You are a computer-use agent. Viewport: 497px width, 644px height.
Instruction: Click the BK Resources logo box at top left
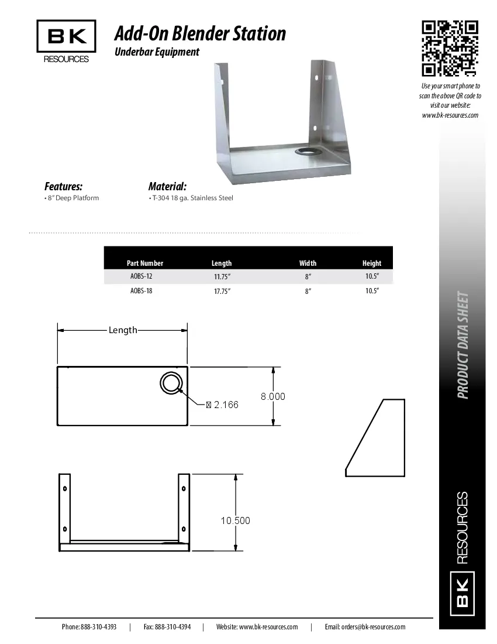tap(67, 37)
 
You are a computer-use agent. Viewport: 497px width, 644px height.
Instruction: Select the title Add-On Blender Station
tap(200, 33)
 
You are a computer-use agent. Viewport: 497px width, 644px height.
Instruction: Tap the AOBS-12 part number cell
tap(141, 275)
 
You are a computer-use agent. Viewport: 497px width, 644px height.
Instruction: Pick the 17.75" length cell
tap(222, 290)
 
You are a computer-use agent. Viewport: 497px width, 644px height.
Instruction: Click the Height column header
tap(371, 263)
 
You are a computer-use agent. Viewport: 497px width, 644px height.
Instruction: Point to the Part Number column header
tap(145, 263)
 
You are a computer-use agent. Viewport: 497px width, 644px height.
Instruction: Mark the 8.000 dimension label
tap(272, 396)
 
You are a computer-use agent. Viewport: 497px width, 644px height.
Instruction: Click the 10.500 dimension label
tap(235, 520)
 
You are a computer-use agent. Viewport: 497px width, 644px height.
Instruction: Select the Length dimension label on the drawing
tap(123, 330)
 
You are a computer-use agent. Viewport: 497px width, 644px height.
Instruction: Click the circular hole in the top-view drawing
tap(171, 383)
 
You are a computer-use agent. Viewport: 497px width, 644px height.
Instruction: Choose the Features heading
tap(63, 187)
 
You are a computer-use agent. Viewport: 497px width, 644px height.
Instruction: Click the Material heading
tap(167, 187)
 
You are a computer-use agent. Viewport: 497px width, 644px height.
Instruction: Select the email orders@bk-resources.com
tap(365, 627)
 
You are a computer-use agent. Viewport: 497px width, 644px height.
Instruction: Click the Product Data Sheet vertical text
tap(463, 345)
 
